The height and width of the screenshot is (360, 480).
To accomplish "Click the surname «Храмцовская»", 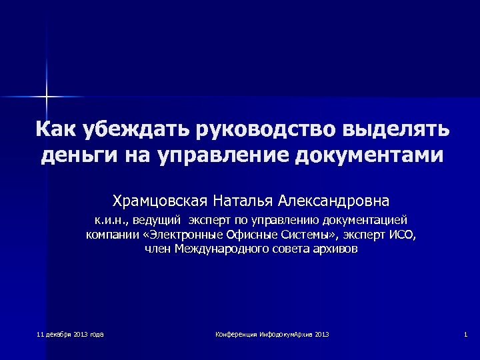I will tap(159, 200).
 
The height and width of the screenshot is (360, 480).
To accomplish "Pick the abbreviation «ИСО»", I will tap(401, 235).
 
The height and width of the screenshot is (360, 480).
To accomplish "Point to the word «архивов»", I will tap(333, 249).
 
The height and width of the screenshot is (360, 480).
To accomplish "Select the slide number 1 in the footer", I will tap(465, 334).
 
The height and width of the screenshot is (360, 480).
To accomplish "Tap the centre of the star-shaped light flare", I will tap(47, 97).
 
